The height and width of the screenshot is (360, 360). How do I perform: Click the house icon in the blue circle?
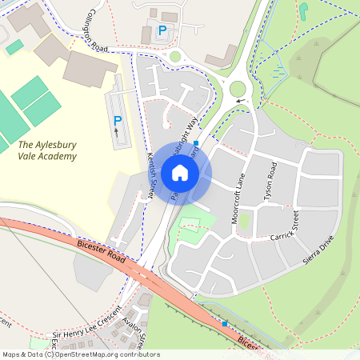pyautogui.click(x=180, y=173)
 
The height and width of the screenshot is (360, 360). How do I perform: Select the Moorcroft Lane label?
pyautogui.click(x=238, y=200)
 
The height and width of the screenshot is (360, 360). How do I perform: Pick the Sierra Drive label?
pyautogui.click(x=318, y=250)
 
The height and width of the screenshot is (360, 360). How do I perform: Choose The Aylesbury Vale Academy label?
pyautogui.click(x=47, y=150)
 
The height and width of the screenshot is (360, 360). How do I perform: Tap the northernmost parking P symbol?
pyautogui.click(x=163, y=30)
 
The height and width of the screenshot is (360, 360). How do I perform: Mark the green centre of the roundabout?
pyautogui.click(x=238, y=88)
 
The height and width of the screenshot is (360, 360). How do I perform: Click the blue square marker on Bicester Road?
pyautogui.click(x=225, y=324)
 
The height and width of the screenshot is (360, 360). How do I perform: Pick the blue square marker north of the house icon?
pyautogui.click(x=196, y=142)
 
